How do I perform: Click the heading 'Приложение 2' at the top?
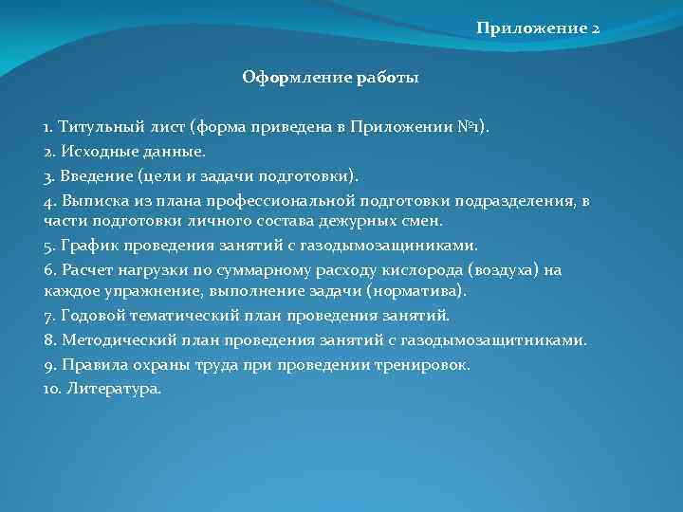pos(538,29)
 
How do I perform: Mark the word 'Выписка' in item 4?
pos(95,200)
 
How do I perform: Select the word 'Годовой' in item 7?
pos(94,315)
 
